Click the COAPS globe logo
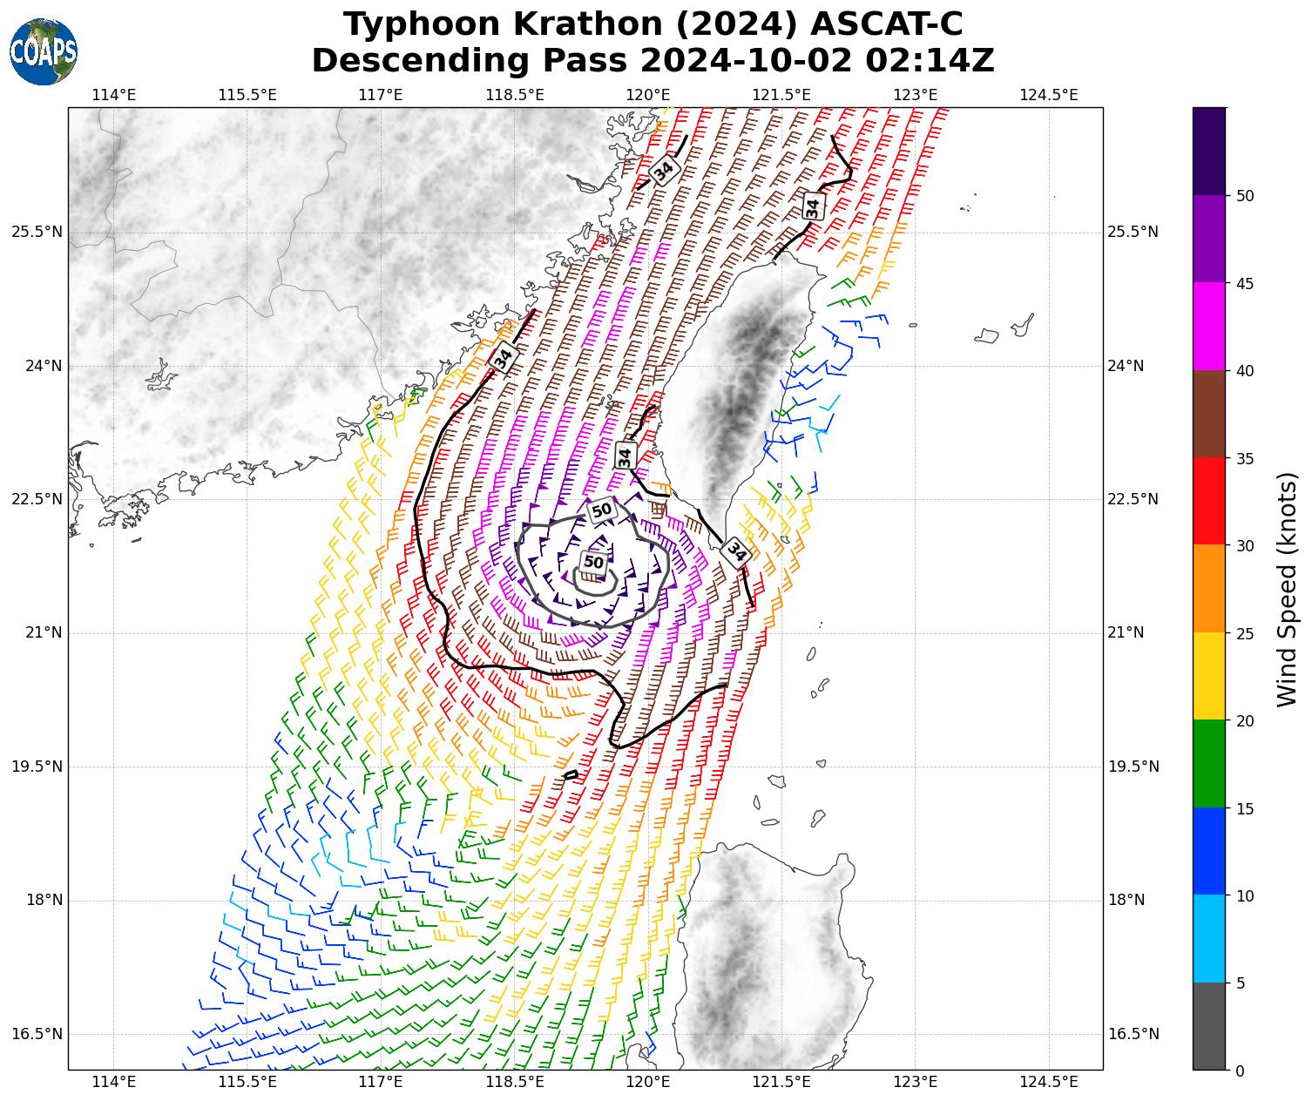click(44, 52)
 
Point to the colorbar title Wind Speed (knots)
click(1287, 590)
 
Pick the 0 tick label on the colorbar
click(1241, 1071)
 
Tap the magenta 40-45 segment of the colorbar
click(1208, 327)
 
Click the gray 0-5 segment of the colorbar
click(1208, 1026)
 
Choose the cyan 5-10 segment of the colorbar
click(1208, 938)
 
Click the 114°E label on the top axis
click(114, 94)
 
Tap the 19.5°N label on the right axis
click(1133, 767)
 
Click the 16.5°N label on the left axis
click(37, 1034)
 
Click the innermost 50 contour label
click(593, 562)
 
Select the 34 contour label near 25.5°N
click(813, 207)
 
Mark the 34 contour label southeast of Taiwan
click(736, 551)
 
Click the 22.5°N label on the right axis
click(1133, 499)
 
